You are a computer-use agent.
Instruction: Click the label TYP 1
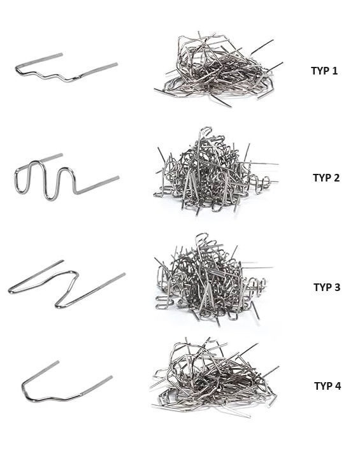point(324,71)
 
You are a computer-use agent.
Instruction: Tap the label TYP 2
point(326,178)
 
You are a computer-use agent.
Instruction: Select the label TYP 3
point(327,287)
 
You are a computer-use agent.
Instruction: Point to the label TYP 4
point(328,386)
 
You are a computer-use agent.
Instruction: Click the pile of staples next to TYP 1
point(219,69)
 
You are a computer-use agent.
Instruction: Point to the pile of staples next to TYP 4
point(214,378)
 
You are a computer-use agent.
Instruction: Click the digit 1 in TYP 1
point(334,71)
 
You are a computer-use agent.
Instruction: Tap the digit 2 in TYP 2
point(336,178)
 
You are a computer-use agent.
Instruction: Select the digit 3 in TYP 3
point(337,287)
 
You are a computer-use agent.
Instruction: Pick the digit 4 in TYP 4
point(337,386)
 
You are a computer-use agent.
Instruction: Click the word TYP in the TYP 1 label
point(319,71)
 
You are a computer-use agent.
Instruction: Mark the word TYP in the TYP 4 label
point(322,386)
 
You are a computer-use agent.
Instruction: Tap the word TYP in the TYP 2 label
point(321,178)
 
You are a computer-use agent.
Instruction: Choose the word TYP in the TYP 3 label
point(322,287)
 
